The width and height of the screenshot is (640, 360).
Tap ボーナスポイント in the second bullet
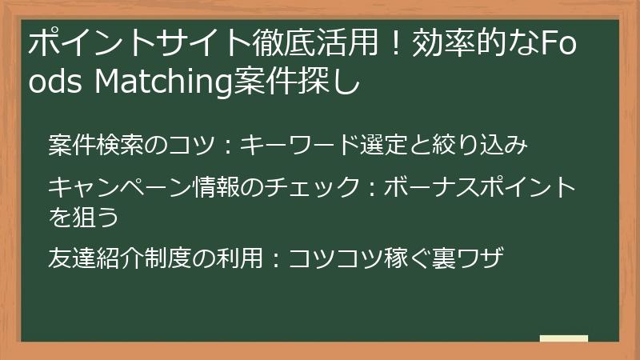point(480,187)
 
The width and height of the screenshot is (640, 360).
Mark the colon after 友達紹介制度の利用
point(273,258)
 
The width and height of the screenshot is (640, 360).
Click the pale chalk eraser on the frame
point(563,339)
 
